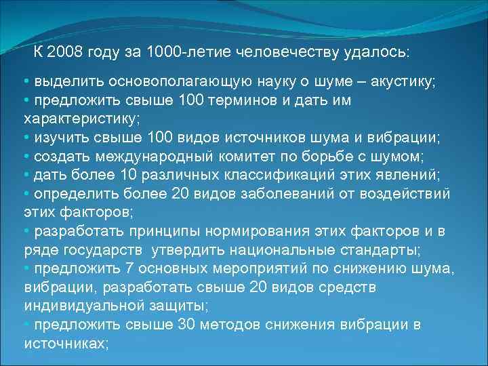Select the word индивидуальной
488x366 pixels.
85,306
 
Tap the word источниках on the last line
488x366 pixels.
66,344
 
